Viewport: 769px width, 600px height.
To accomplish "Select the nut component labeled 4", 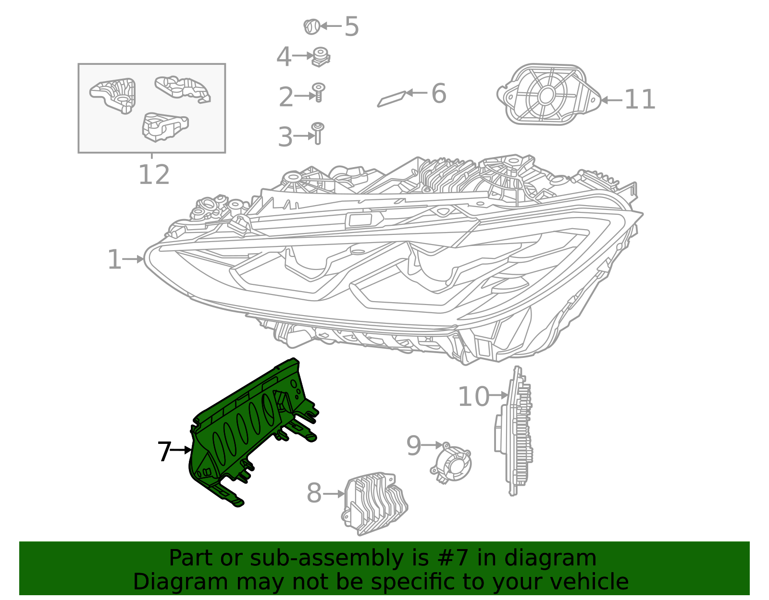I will tap(321, 57).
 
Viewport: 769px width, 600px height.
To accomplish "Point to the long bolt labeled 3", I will tap(318, 133).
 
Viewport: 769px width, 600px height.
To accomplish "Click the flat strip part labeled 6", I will tap(392, 98).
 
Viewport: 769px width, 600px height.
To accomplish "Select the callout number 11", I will tap(639, 100).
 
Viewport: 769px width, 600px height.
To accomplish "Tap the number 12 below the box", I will tap(154, 175).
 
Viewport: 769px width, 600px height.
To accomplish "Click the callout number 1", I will tap(114, 259).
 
